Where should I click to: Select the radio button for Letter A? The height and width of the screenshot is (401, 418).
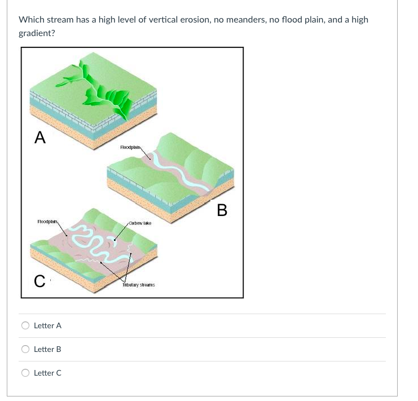[25, 325]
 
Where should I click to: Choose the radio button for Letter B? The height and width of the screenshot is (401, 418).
[25, 349]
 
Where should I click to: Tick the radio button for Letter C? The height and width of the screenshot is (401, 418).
[25, 373]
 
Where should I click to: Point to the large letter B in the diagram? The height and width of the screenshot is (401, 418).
[222, 210]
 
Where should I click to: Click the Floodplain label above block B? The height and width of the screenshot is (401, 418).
[130, 147]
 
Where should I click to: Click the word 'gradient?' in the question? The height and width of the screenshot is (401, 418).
[37, 33]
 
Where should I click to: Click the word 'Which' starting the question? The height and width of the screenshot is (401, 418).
[31, 20]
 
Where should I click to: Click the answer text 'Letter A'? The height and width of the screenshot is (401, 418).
[48, 325]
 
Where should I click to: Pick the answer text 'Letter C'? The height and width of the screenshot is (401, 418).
[48, 373]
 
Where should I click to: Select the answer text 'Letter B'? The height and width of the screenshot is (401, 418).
[48, 349]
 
